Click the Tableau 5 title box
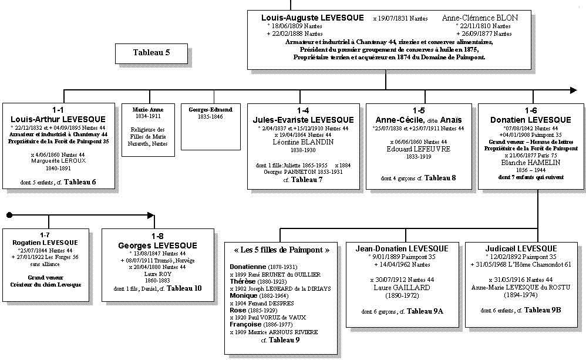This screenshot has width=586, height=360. [151, 53]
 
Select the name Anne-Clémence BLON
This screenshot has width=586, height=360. [480, 18]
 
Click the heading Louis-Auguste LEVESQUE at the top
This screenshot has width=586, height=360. [312, 18]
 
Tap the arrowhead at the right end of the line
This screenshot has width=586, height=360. [573, 90]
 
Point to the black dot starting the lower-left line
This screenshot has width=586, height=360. [9, 215]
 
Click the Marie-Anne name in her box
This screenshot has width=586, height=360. [148, 110]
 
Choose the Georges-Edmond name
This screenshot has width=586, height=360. [210, 110]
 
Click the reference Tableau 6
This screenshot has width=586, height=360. [80, 182]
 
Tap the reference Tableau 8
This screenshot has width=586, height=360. [440, 177]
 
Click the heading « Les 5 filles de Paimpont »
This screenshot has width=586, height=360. [281, 250]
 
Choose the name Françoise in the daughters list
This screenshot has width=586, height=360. [245, 324]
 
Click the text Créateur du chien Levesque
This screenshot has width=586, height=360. [46, 285]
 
